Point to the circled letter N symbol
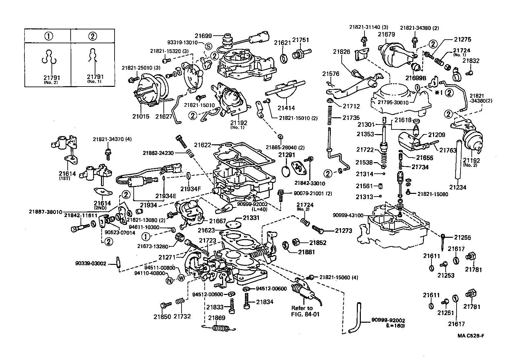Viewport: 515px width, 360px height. (x=169, y=281)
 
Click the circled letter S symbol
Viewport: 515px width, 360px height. (x=208, y=46)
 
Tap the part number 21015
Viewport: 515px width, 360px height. (x=141, y=117)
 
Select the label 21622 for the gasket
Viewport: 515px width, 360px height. (x=203, y=145)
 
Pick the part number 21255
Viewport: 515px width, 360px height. (x=462, y=237)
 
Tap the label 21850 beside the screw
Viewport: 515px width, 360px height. (x=162, y=317)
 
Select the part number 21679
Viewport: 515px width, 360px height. (x=387, y=34)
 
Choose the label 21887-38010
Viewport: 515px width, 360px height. (x=45, y=212)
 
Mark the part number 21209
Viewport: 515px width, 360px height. (x=436, y=135)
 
